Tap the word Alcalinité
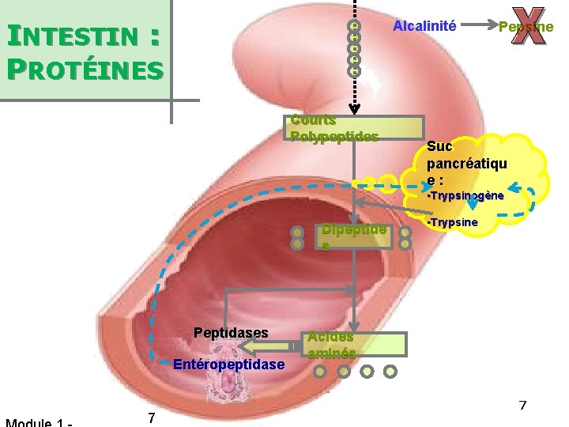(424, 26)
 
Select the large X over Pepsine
(524, 26)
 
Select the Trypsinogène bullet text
(466, 195)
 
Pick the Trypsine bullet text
(452, 222)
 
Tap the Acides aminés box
(356, 344)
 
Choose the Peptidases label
(231, 332)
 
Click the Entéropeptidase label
(228, 365)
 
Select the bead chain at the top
(355, 47)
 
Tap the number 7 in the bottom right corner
(522, 406)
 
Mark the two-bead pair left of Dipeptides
(297, 238)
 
